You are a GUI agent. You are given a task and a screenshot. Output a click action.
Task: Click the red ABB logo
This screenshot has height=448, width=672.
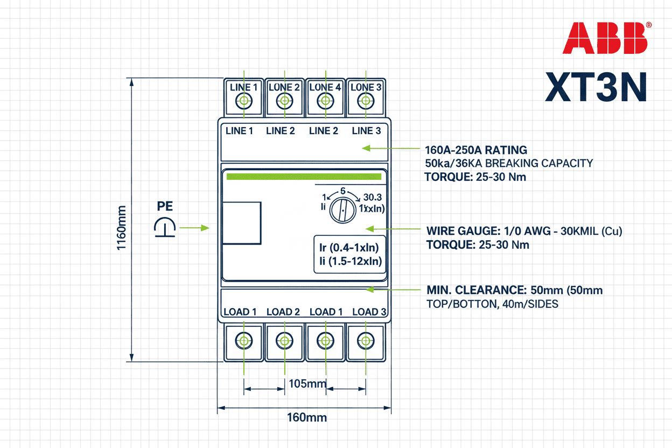(x=606, y=38)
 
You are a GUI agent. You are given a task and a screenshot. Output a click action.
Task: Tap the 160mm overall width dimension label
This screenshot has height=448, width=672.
(x=306, y=417)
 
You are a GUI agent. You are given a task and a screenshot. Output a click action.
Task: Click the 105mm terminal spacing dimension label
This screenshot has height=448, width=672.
(x=307, y=384)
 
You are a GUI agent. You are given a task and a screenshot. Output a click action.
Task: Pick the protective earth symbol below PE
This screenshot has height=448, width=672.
(x=165, y=228)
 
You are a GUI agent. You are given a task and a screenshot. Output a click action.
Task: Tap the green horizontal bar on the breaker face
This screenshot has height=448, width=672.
(x=304, y=177)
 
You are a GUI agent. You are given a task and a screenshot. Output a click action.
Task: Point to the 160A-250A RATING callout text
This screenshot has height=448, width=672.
(x=476, y=150)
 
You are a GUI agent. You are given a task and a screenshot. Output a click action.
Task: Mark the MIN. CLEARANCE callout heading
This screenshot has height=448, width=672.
(x=476, y=291)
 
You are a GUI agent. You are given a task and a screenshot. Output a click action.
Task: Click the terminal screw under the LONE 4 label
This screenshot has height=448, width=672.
(x=325, y=101)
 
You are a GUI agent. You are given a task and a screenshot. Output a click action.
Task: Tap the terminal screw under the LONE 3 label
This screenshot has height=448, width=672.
(x=366, y=101)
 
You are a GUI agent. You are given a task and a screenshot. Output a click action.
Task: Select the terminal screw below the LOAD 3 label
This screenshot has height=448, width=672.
(x=366, y=340)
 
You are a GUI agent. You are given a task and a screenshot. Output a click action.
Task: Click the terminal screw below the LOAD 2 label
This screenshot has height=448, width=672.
(x=284, y=340)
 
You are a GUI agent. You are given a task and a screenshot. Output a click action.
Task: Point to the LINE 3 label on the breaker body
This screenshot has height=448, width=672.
(x=366, y=131)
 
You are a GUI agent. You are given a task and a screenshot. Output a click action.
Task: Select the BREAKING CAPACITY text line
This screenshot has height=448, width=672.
(x=509, y=163)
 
